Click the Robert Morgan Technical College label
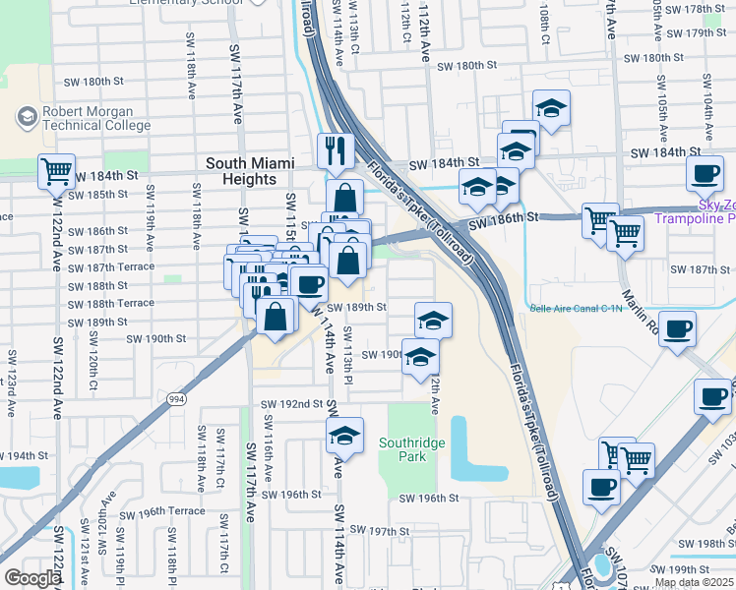[x=94, y=118]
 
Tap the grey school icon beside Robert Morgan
[x=27, y=118]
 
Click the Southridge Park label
[x=412, y=449]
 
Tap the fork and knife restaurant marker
[x=336, y=150]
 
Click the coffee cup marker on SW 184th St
[x=705, y=174]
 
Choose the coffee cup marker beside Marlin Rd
[x=676, y=329]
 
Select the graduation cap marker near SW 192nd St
[x=344, y=436]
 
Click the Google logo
[x=33, y=578]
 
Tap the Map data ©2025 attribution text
[x=693, y=583]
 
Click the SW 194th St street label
[x=24, y=456]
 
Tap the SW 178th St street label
[x=696, y=9]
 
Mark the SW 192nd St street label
[x=292, y=404]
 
